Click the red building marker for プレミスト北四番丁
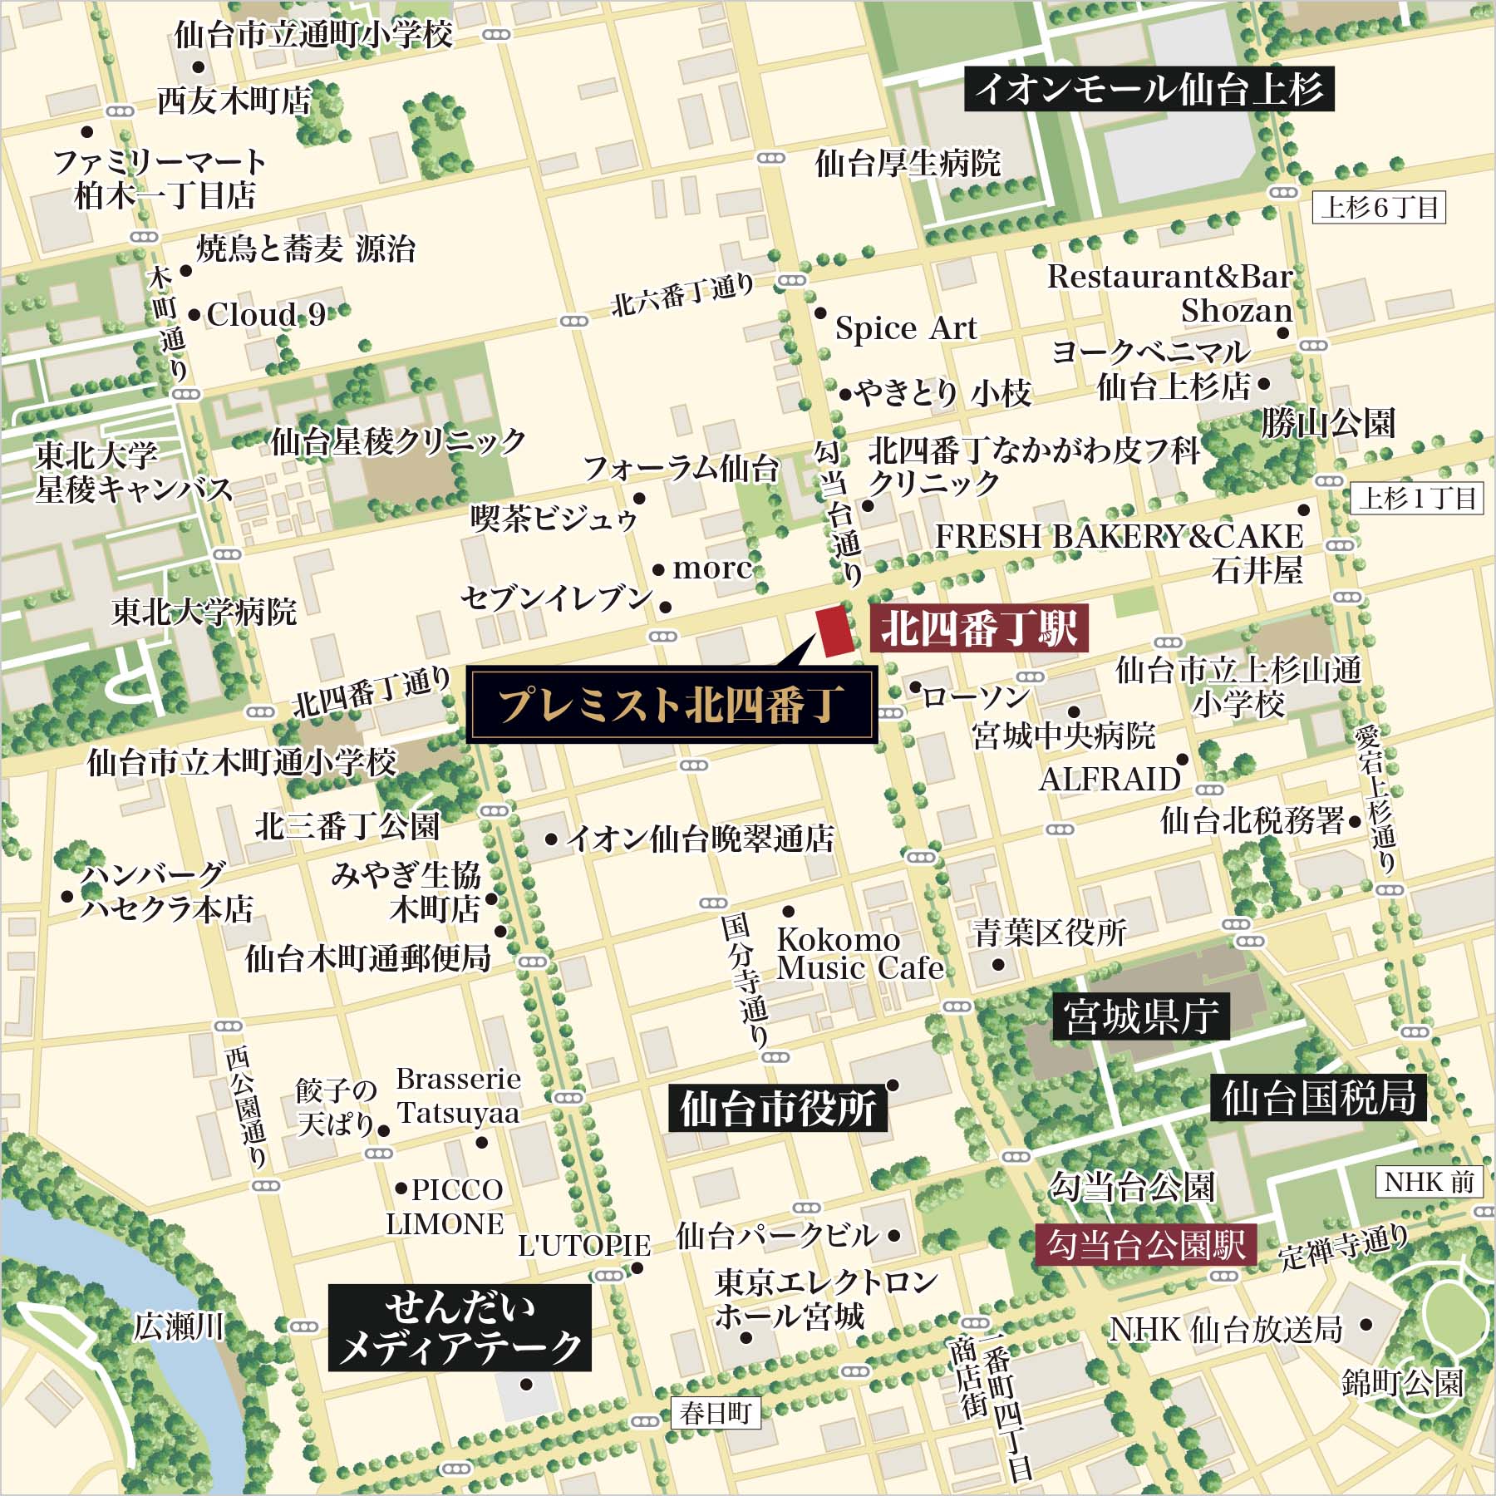[x=835, y=632]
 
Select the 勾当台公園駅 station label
[x=1145, y=1244]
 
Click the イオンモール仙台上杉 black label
[x=1149, y=89]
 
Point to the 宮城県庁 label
[x=1141, y=1016]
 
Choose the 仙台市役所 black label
[x=778, y=1109]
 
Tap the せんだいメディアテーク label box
[x=460, y=1327]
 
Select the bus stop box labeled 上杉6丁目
[x=1379, y=207]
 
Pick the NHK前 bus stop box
[x=1429, y=1182]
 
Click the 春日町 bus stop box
[x=715, y=1413]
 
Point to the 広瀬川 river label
[x=179, y=1326]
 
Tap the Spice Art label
[x=905, y=328]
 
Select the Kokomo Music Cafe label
[x=859, y=954]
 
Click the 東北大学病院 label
[x=204, y=612]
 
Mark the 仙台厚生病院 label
[x=908, y=164]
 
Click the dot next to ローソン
[x=914, y=687]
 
